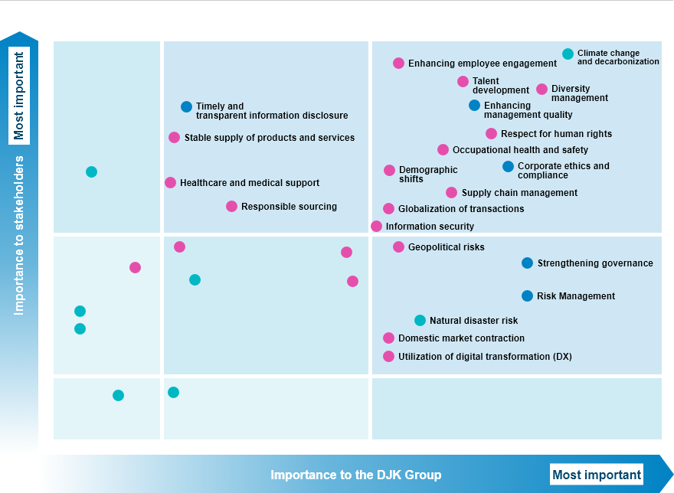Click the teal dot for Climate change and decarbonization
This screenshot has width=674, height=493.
tap(568, 54)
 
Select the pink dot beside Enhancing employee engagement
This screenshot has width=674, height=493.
tap(398, 64)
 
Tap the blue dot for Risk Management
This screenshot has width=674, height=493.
tap(527, 295)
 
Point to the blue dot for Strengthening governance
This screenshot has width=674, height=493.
tap(527, 263)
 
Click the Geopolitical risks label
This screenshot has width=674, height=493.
tap(447, 247)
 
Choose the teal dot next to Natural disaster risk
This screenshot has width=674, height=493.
tap(420, 320)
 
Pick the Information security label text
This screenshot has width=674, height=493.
tap(430, 227)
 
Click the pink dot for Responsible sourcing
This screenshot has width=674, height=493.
tap(231, 207)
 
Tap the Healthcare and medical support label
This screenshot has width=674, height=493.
tap(250, 183)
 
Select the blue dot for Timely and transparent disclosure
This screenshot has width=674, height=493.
tap(186, 106)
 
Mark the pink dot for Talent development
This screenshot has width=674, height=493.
tap(463, 82)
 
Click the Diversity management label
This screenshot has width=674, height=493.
tap(580, 93)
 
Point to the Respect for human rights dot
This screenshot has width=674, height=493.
tap(491, 134)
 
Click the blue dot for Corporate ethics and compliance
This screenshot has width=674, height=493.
tap(508, 166)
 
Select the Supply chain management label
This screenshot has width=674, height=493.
tap(519, 193)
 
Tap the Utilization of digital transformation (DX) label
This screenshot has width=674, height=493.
tap(485, 356)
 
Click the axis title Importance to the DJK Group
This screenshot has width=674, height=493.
tap(356, 475)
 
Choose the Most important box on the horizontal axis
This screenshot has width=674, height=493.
tap(597, 475)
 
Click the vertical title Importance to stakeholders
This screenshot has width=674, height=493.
tap(19, 236)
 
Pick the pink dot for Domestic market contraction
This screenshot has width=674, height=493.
tap(388, 338)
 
